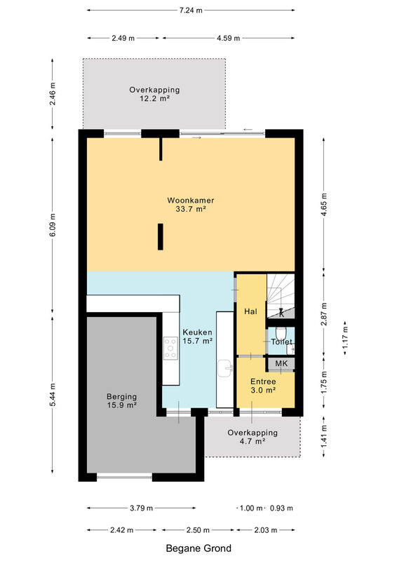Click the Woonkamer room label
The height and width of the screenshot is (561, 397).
coord(191,205)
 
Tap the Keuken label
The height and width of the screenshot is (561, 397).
coord(198,337)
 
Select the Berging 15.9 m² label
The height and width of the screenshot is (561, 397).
coord(122,400)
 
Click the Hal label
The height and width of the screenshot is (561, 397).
coord(250,311)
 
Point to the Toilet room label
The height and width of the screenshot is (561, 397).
coord(281,342)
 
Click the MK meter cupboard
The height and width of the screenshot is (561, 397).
coord(281,364)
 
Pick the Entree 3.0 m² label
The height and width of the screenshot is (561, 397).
coord(263,386)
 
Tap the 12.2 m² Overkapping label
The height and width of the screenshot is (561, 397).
coord(154,94)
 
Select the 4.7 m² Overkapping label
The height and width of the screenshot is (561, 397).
coord(253,437)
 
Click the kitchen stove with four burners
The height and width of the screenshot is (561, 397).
coord(170,348)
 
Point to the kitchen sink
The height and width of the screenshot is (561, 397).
coord(225,368)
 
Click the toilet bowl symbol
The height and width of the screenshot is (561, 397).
coord(281,332)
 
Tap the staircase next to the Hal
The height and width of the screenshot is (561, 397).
coord(281,295)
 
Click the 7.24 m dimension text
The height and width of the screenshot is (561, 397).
coord(191,11)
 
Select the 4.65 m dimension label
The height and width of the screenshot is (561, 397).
coord(324,204)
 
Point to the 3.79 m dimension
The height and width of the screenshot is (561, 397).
coord(142,508)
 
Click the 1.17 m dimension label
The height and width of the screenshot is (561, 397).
coord(345,338)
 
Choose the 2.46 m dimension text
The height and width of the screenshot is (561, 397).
coord(53,94)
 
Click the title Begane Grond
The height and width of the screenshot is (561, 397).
coord(198,548)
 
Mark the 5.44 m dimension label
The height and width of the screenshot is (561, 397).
coord(53,395)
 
